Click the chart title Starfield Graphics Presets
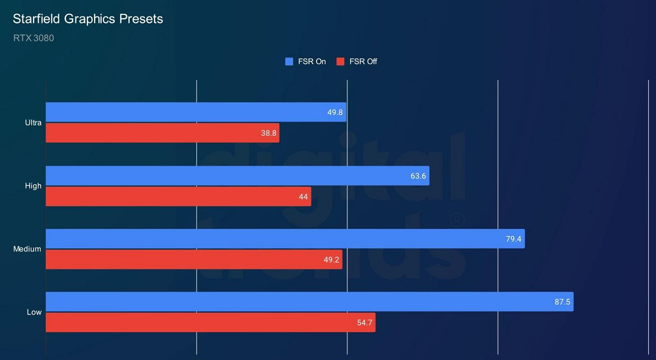88,19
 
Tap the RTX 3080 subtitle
34,38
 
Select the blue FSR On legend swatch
289,62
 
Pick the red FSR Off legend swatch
340,62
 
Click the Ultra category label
34,123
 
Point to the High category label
34,186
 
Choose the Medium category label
27,249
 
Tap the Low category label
34,312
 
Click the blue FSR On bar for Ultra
196,112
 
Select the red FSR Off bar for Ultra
163,133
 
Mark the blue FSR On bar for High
237,176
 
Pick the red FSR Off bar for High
178,196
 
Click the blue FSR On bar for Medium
285,239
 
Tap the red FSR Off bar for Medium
194,259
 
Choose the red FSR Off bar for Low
210,322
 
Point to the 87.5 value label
562,302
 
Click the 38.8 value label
268,133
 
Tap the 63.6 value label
418,176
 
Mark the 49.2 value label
331,259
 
